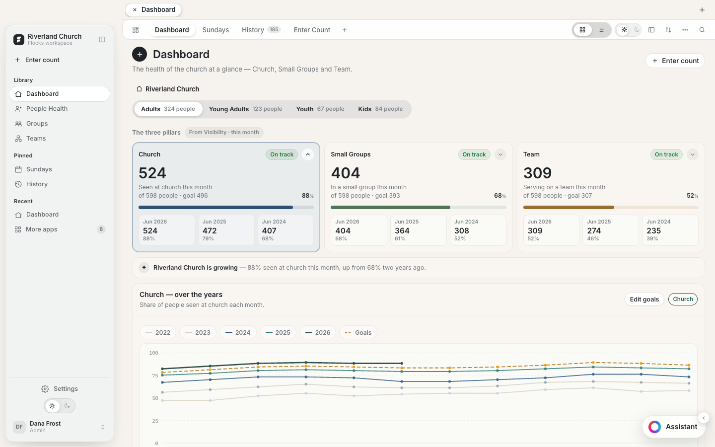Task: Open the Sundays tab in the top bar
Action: (x=215, y=30)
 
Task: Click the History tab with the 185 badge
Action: (x=261, y=30)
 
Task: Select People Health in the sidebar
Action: (x=47, y=109)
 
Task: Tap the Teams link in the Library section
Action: (x=36, y=138)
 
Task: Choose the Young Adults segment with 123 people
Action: (x=245, y=109)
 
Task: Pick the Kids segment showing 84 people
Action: (x=380, y=109)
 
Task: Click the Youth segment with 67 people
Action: (x=320, y=109)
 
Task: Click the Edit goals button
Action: (x=644, y=299)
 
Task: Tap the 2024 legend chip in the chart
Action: (x=238, y=332)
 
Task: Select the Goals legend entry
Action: (x=358, y=332)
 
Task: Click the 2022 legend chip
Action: (x=158, y=332)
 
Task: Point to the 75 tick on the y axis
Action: (x=155, y=375)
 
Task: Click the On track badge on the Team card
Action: (x=666, y=154)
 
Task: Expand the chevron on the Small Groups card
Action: (x=500, y=154)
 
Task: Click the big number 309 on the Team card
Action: (x=537, y=173)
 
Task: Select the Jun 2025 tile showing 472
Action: (x=226, y=230)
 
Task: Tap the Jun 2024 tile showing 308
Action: (x=478, y=230)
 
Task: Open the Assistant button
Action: (x=673, y=427)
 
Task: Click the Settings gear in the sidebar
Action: (x=45, y=388)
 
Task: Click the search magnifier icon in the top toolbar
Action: (x=702, y=30)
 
